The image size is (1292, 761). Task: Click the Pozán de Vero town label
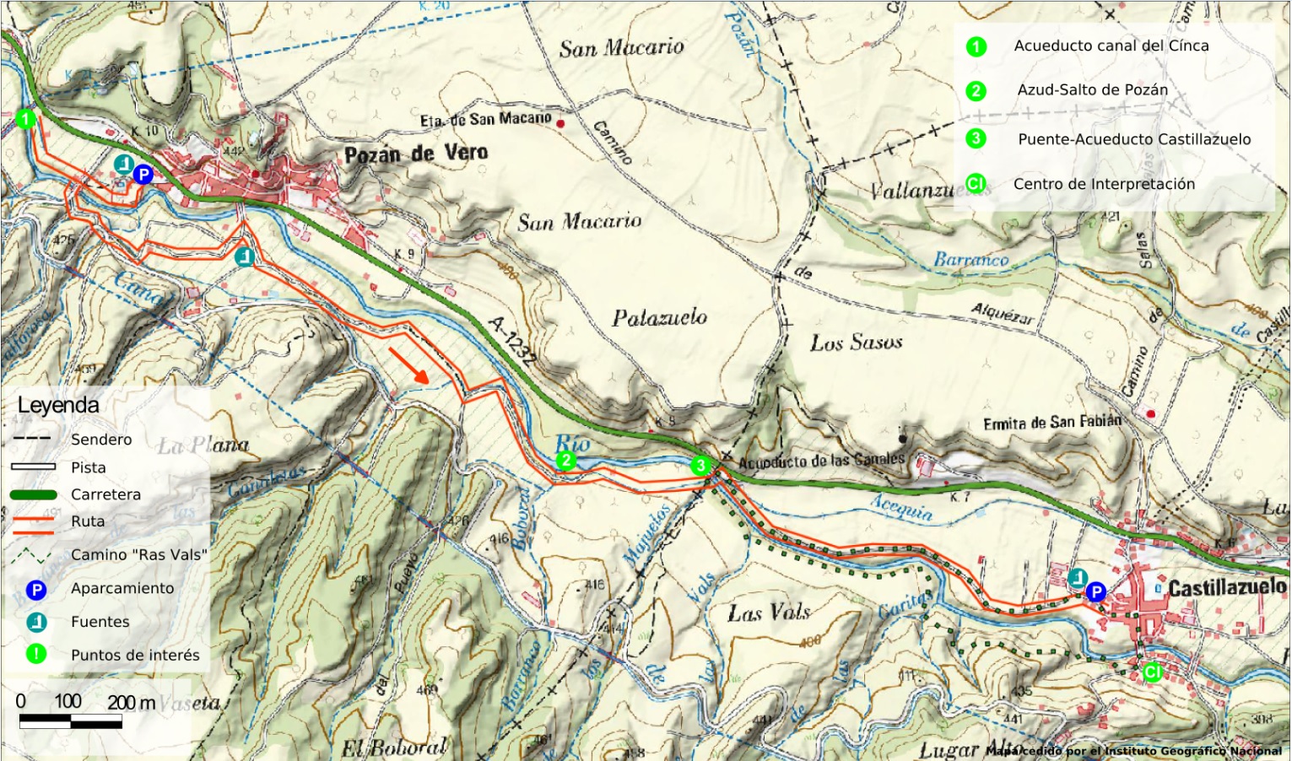(x=416, y=154)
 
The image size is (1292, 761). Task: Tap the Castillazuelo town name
(x=1227, y=588)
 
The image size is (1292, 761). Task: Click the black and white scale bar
(x=71, y=721)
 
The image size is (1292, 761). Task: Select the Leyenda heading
(x=58, y=405)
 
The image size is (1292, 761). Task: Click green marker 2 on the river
(x=566, y=461)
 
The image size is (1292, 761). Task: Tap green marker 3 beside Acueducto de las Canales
(x=700, y=466)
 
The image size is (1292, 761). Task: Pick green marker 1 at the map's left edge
(x=26, y=118)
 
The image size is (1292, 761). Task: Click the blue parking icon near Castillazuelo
(x=1096, y=591)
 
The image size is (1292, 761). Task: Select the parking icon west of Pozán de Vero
(x=143, y=175)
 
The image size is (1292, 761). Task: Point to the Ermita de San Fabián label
(x=1051, y=423)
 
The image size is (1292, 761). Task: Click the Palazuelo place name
(x=659, y=318)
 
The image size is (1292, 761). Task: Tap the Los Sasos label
(x=856, y=343)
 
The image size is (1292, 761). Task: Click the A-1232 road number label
(x=511, y=341)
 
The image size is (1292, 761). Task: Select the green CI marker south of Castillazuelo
(x=1152, y=672)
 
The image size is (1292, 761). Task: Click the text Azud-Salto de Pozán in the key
(x=1092, y=90)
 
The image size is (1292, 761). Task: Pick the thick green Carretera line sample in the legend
(x=34, y=494)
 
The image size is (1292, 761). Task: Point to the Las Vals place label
(x=768, y=612)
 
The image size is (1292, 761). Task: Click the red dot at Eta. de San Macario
(x=560, y=124)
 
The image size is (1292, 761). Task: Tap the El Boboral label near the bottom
(x=393, y=748)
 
